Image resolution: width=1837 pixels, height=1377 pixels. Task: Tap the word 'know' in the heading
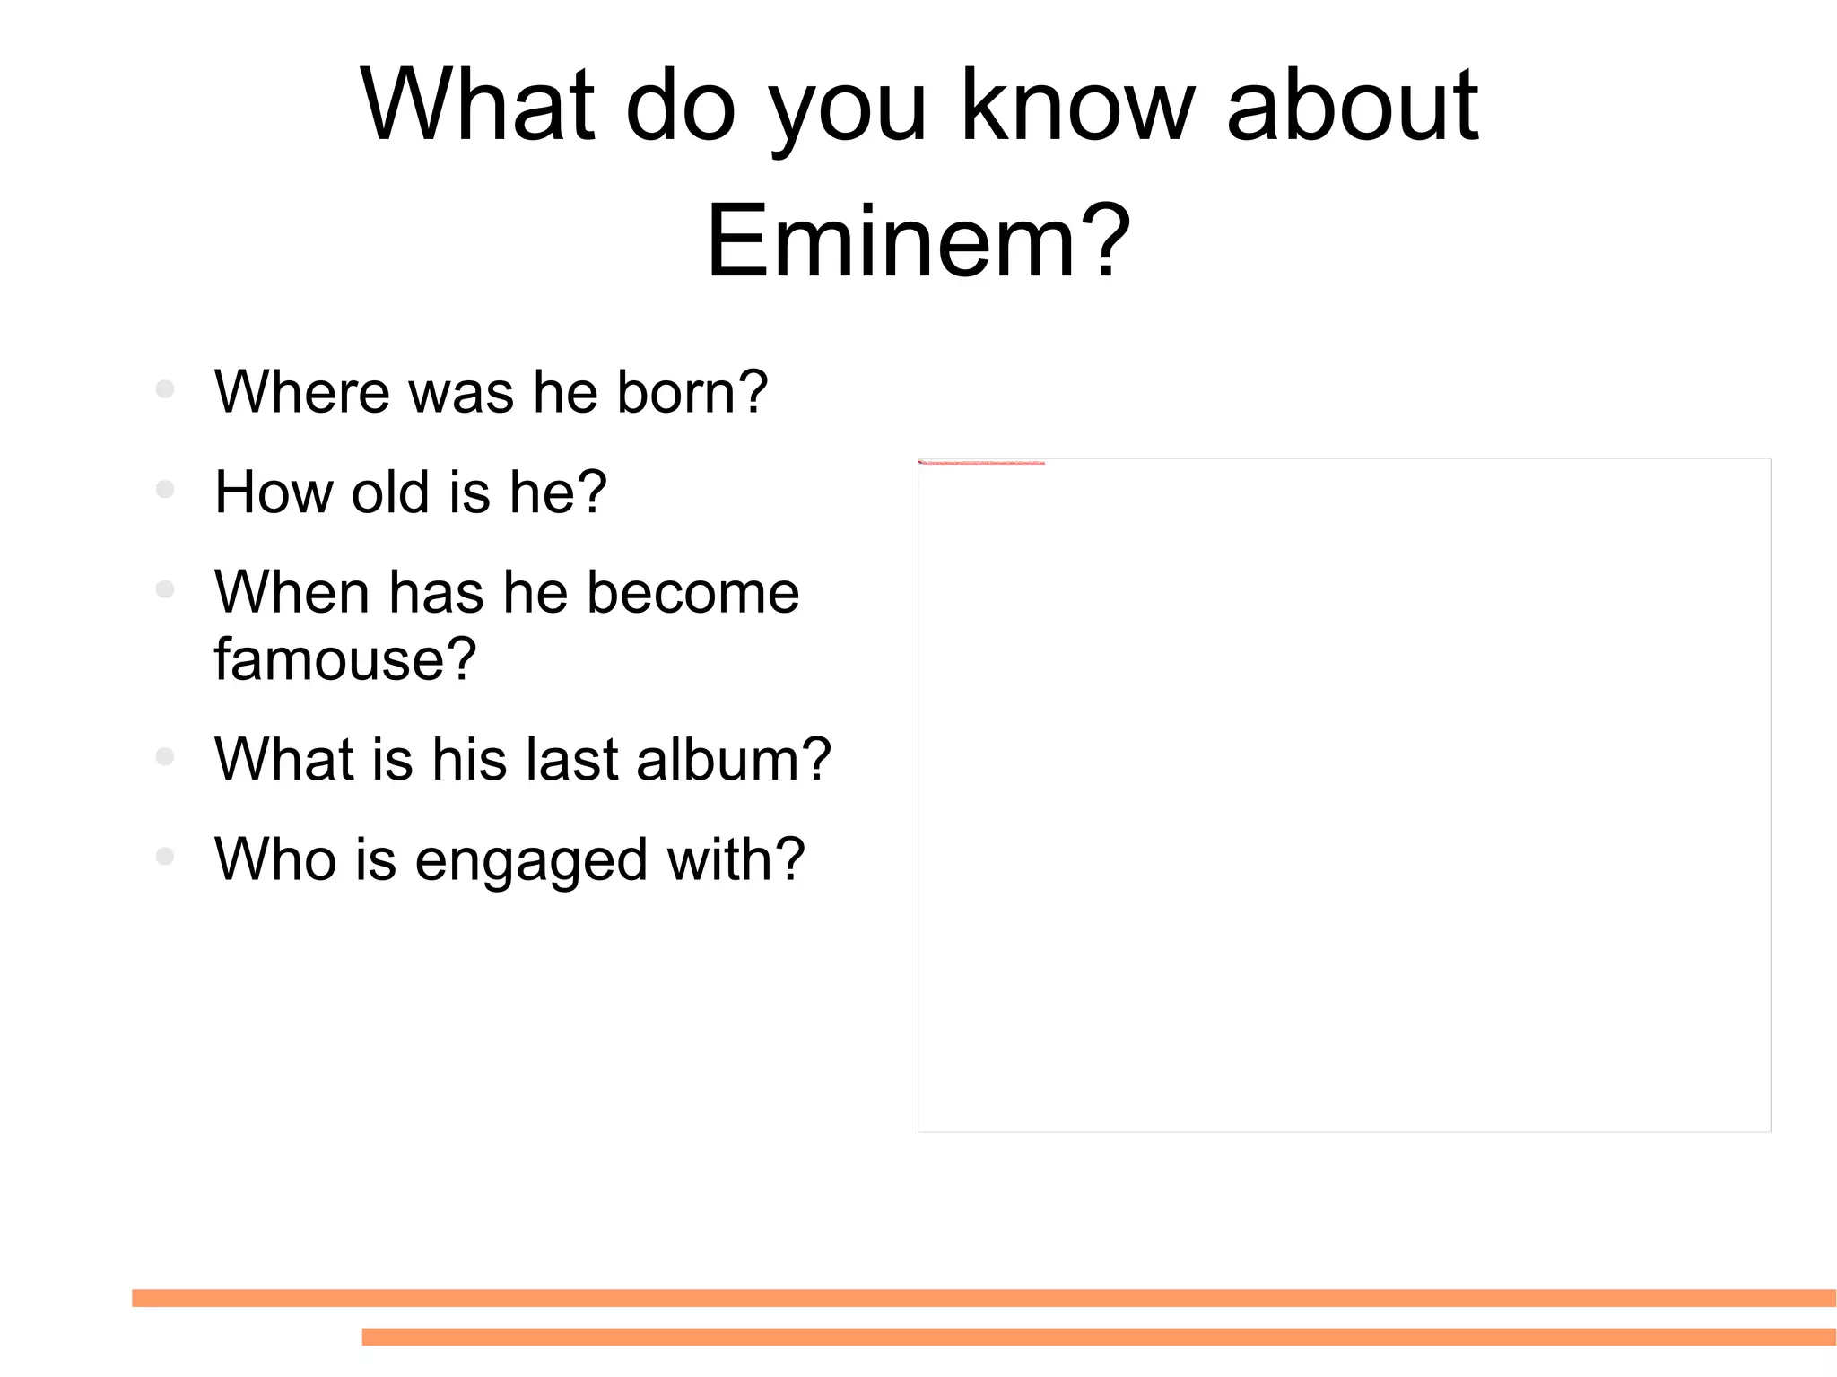[x=1077, y=105]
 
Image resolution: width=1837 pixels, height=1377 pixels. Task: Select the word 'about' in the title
[x=1352, y=105]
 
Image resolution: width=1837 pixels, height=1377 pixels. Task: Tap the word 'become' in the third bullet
[x=692, y=592]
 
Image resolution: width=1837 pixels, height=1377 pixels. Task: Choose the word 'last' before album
[x=571, y=759]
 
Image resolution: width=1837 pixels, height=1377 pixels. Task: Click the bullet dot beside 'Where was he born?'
[x=164, y=389]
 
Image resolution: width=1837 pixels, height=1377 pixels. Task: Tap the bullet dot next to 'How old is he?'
[x=164, y=490]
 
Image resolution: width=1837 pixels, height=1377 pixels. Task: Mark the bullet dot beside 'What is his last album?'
[x=164, y=756]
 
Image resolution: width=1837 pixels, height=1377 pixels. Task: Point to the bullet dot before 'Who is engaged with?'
[x=164, y=857]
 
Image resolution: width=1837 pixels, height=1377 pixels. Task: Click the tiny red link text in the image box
[x=982, y=463]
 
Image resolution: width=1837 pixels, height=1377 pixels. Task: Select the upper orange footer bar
[x=983, y=1298]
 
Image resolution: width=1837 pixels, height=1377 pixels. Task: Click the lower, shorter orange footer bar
[x=1098, y=1337]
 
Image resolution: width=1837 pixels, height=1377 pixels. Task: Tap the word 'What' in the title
[x=477, y=105]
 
